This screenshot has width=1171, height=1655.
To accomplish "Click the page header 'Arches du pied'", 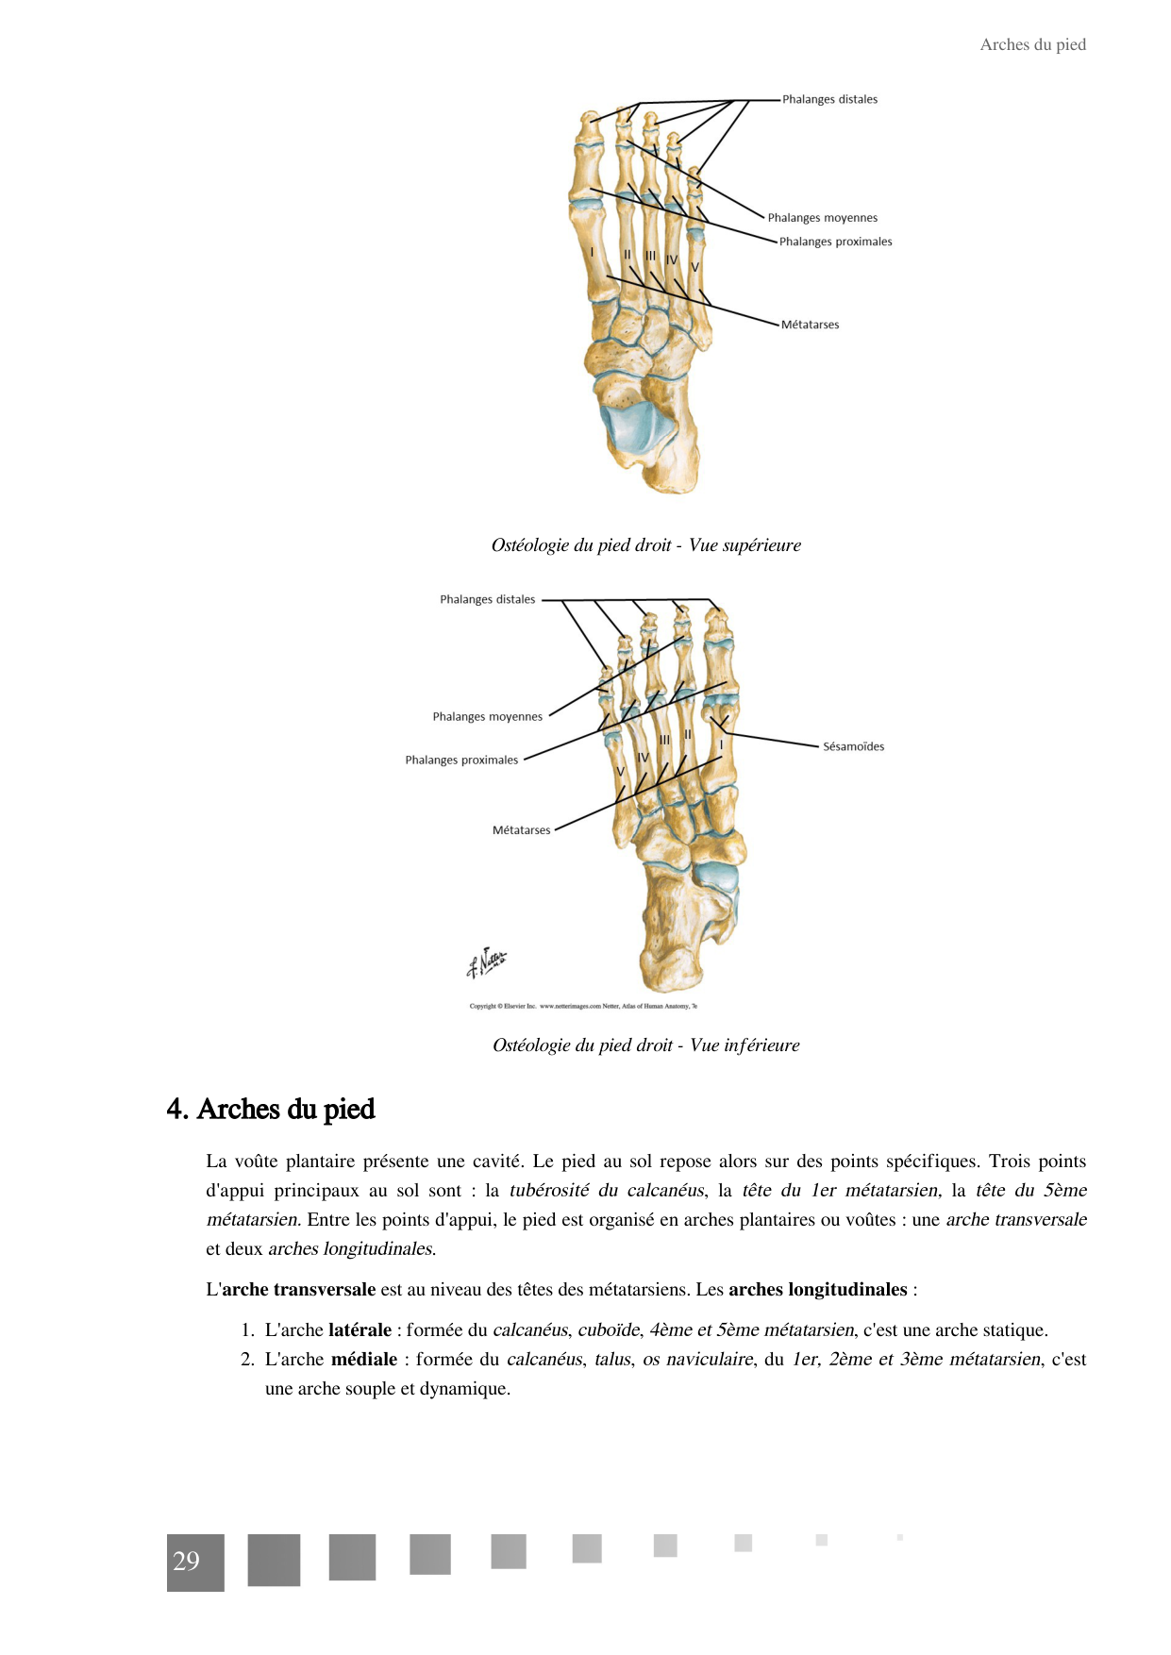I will (1032, 44).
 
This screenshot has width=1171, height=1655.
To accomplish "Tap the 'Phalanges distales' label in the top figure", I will (829, 99).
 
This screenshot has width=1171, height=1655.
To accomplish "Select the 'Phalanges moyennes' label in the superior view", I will (822, 218).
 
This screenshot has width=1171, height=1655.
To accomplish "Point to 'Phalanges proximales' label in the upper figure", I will (835, 242).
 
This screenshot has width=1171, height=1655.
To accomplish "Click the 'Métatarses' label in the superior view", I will (810, 325).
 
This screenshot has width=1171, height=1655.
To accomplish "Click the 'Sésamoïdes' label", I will (853, 746).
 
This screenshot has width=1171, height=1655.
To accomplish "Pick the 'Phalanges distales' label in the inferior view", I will (487, 599).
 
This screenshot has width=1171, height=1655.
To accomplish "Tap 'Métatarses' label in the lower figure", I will (521, 830).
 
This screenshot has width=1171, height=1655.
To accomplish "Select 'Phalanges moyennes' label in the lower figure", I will (487, 717).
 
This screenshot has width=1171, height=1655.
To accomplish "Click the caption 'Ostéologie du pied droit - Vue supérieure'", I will (645, 545).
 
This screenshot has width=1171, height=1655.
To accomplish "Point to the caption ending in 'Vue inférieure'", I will (645, 1045).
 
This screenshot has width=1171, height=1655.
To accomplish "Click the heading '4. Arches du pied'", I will (271, 1109).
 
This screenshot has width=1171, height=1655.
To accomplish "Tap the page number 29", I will (187, 1562).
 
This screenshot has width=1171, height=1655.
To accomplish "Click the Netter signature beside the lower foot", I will (487, 962).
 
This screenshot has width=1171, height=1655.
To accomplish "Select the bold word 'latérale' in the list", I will (360, 1330).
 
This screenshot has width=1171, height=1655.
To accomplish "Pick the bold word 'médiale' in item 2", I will (364, 1360).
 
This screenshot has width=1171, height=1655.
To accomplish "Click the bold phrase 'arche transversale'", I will (298, 1290).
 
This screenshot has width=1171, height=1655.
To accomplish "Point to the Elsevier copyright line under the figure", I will (582, 1006).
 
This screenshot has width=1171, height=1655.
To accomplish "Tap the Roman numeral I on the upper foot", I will (592, 252).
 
